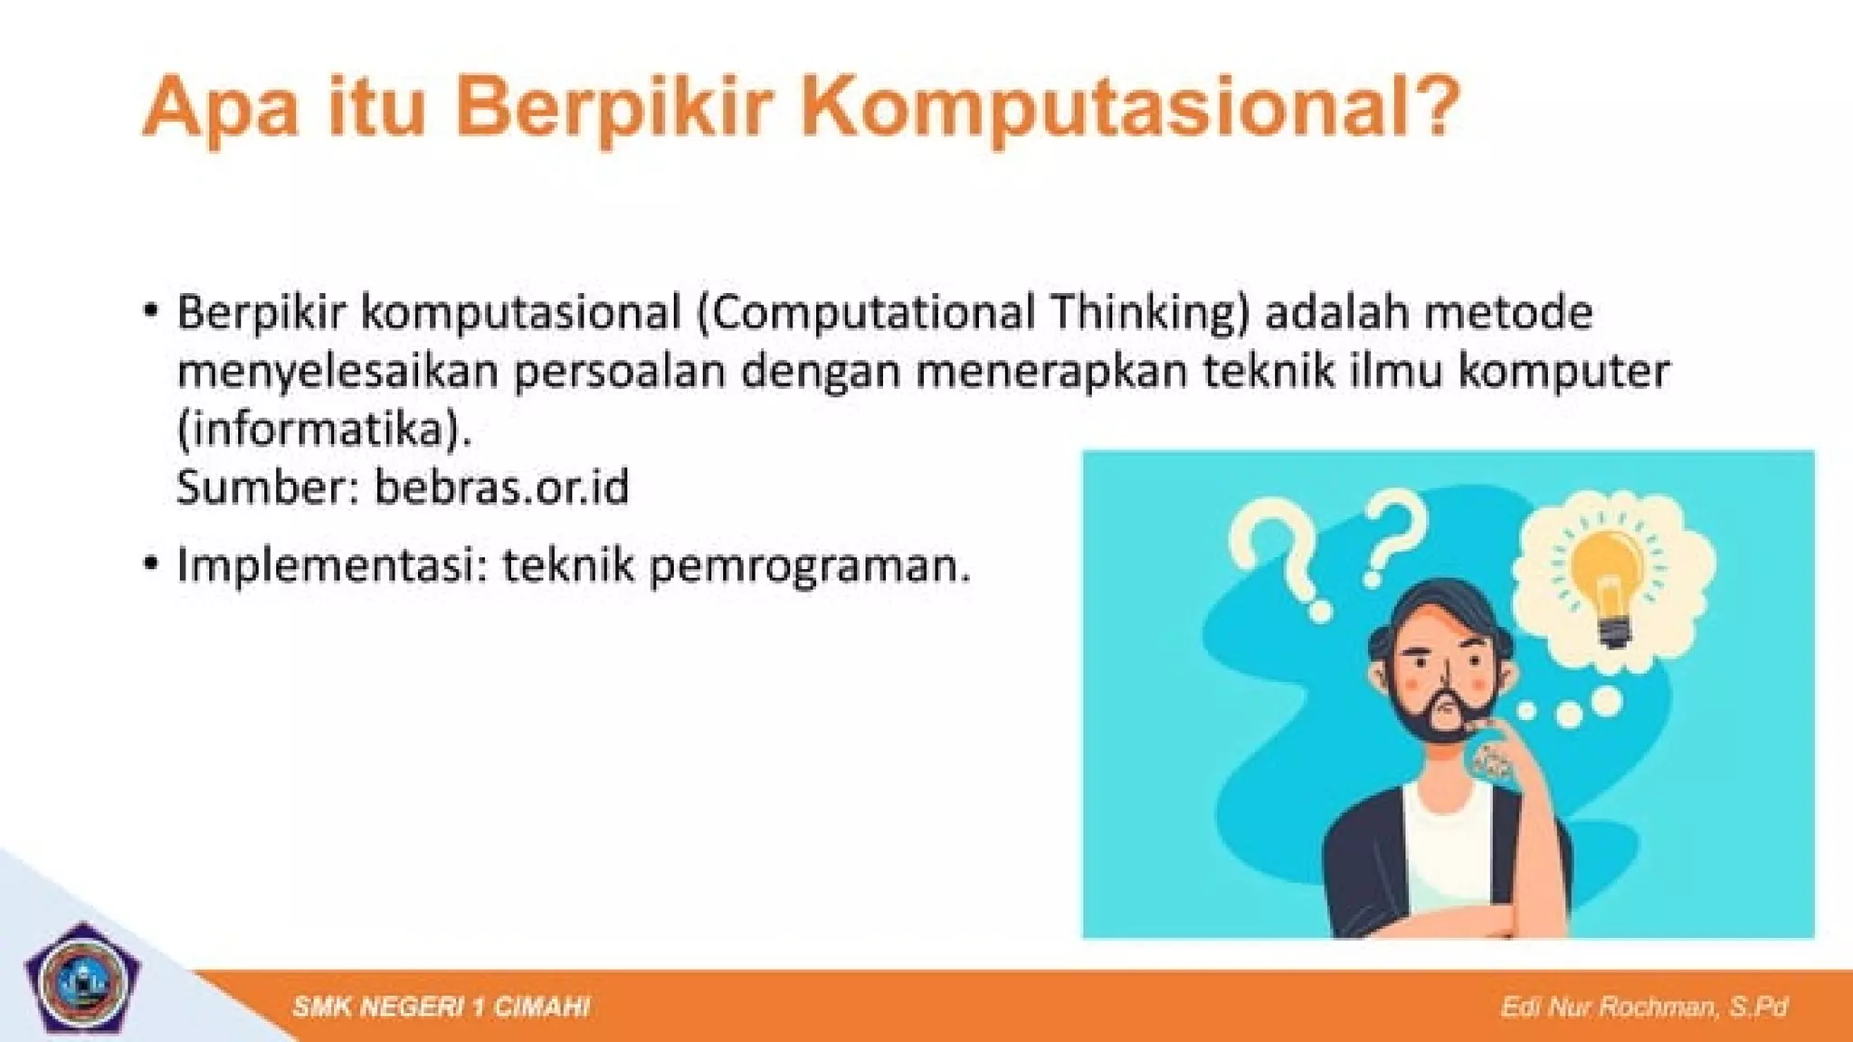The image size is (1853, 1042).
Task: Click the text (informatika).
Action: click(x=324, y=431)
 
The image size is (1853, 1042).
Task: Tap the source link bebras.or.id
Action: click(x=501, y=488)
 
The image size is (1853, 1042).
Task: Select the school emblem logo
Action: click(x=82, y=981)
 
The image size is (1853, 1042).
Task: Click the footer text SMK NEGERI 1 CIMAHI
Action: click(x=442, y=1007)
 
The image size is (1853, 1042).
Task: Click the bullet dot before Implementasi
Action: click(x=151, y=564)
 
